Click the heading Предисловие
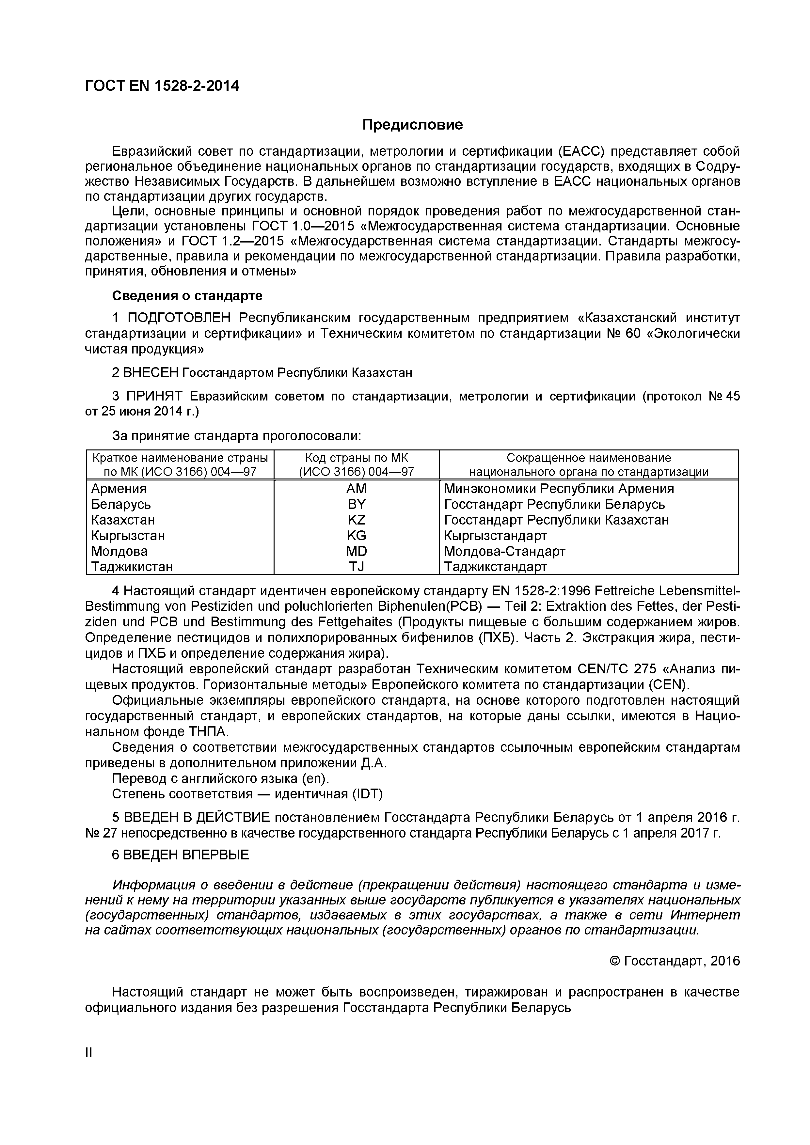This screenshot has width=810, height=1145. (412, 125)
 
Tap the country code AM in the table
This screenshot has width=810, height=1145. (356, 489)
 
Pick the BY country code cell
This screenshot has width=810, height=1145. (356, 504)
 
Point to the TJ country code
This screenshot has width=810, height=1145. (356, 567)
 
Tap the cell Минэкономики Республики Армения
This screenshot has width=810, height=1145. (559, 489)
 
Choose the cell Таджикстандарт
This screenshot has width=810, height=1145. (495, 567)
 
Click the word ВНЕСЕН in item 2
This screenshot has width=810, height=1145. (151, 372)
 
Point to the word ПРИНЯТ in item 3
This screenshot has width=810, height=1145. (155, 397)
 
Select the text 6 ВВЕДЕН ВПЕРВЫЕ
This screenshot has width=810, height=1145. (180, 855)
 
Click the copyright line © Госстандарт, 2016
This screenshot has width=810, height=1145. (675, 961)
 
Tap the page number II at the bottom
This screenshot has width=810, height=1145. (89, 1053)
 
